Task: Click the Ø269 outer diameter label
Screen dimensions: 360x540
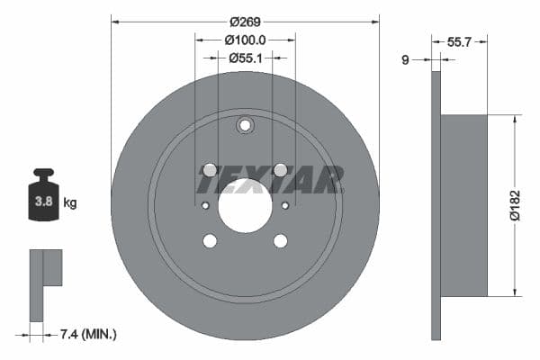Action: [244, 21]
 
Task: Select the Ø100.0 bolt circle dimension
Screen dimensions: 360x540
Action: [245, 40]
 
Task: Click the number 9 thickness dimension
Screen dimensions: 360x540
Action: [406, 59]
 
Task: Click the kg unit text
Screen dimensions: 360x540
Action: [70, 202]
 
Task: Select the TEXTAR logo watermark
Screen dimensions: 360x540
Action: [270, 180]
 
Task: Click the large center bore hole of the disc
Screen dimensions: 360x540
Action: [245, 205]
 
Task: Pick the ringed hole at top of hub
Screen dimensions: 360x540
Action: [245, 125]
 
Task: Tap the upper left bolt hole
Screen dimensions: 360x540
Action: [210, 170]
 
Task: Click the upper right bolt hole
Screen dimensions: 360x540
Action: [280, 170]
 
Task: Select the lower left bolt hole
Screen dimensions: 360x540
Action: [210, 240]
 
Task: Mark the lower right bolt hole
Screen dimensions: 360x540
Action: [280, 240]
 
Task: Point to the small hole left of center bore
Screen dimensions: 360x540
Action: [205, 205]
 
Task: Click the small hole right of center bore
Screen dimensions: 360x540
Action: [285, 205]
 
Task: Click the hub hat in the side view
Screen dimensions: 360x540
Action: [464, 205]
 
